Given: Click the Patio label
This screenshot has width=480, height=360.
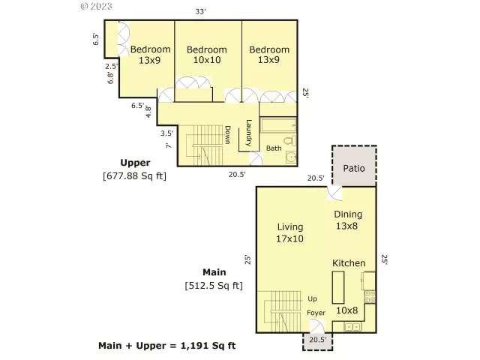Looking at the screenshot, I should click(x=354, y=168).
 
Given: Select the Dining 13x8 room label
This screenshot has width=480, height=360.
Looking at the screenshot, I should click(x=347, y=220).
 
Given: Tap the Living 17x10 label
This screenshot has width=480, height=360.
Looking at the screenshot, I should click(x=289, y=232).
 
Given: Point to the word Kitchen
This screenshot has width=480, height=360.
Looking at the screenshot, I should click(x=349, y=263).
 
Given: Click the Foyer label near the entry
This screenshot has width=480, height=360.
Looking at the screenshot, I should click(x=316, y=312).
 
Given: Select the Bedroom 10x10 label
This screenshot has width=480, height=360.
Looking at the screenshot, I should click(x=206, y=55).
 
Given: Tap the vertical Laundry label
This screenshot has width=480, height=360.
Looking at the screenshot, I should click(x=247, y=133).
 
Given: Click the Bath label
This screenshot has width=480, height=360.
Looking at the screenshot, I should click(x=274, y=148).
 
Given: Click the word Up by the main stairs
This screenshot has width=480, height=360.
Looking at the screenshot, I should click(x=312, y=298).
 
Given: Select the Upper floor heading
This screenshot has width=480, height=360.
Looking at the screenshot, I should click(x=135, y=162).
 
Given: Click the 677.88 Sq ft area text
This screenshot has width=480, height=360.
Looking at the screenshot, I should click(x=134, y=176).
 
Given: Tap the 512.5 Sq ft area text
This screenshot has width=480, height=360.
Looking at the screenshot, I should click(x=214, y=285).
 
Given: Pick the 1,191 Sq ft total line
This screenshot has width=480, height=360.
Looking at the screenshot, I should click(x=167, y=346).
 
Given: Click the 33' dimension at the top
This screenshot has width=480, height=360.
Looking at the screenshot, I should click(x=200, y=10).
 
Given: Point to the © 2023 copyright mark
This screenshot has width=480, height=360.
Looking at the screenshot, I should click(x=95, y=6).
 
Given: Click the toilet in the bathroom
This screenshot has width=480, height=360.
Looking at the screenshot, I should click(x=289, y=143).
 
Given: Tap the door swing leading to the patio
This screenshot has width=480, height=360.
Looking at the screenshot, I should click(x=334, y=193).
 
